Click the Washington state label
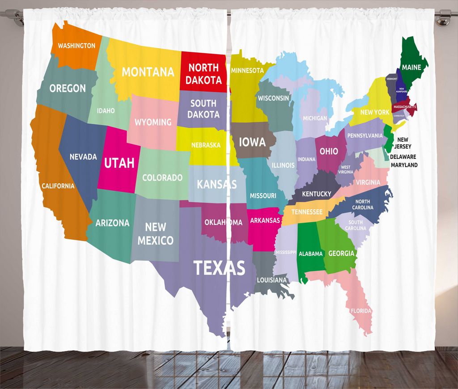(x=76, y=46)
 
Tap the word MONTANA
(x=148, y=72)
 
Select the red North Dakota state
(x=204, y=74)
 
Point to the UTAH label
(x=119, y=163)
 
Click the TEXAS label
(x=219, y=268)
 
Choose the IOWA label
(x=252, y=142)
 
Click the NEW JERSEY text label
(x=403, y=143)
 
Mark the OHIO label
(x=329, y=151)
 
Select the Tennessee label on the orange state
(x=307, y=212)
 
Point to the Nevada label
(x=83, y=156)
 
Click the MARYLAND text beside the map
(x=404, y=165)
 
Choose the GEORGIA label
(x=341, y=253)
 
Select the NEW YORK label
(x=375, y=112)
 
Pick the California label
(x=58, y=186)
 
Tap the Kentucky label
(x=317, y=194)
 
